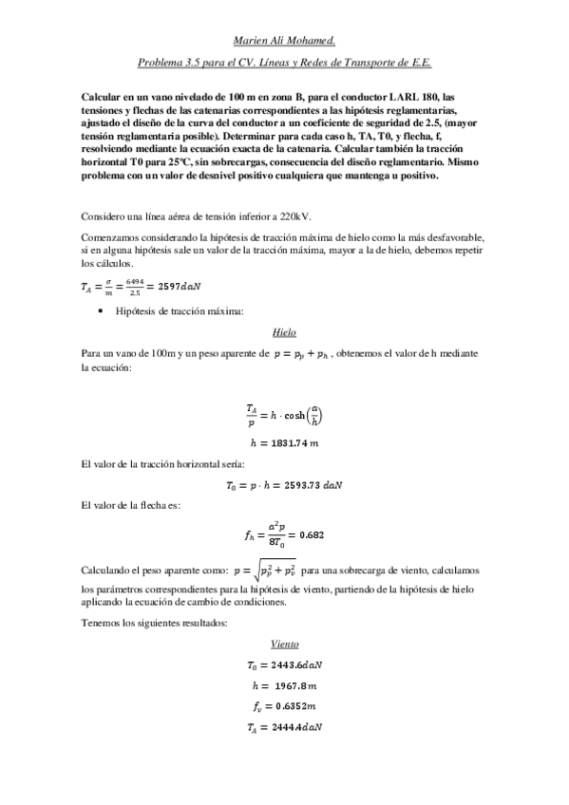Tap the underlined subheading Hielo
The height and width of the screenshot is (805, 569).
point(284,333)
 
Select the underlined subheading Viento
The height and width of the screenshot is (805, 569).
point(284,643)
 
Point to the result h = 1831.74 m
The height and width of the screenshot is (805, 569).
point(284,442)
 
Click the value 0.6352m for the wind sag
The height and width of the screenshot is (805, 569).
point(295,706)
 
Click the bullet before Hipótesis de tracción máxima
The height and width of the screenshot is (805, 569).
point(101,310)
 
